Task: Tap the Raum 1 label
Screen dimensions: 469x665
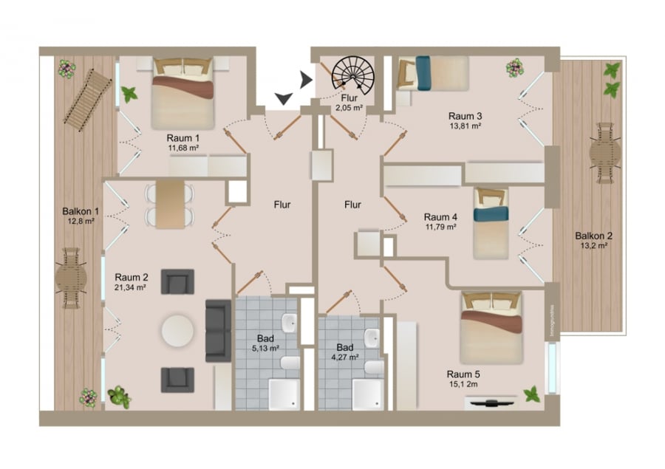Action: click(x=183, y=137)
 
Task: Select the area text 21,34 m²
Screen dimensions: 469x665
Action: click(x=130, y=287)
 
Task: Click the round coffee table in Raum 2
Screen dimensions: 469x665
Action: click(x=179, y=331)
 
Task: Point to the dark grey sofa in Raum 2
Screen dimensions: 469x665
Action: click(x=217, y=330)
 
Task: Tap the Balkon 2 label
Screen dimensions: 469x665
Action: click(x=593, y=236)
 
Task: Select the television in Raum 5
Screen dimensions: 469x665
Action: click(x=491, y=403)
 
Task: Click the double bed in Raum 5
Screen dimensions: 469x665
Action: click(x=491, y=326)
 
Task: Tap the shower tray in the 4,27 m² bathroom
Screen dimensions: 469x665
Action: click(x=367, y=393)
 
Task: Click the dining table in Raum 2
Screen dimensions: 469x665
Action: click(x=170, y=204)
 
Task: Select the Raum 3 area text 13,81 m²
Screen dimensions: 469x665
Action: click(x=465, y=126)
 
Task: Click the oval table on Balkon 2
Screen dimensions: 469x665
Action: click(x=605, y=156)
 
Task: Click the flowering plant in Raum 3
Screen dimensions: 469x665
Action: click(x=514, y=69)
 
